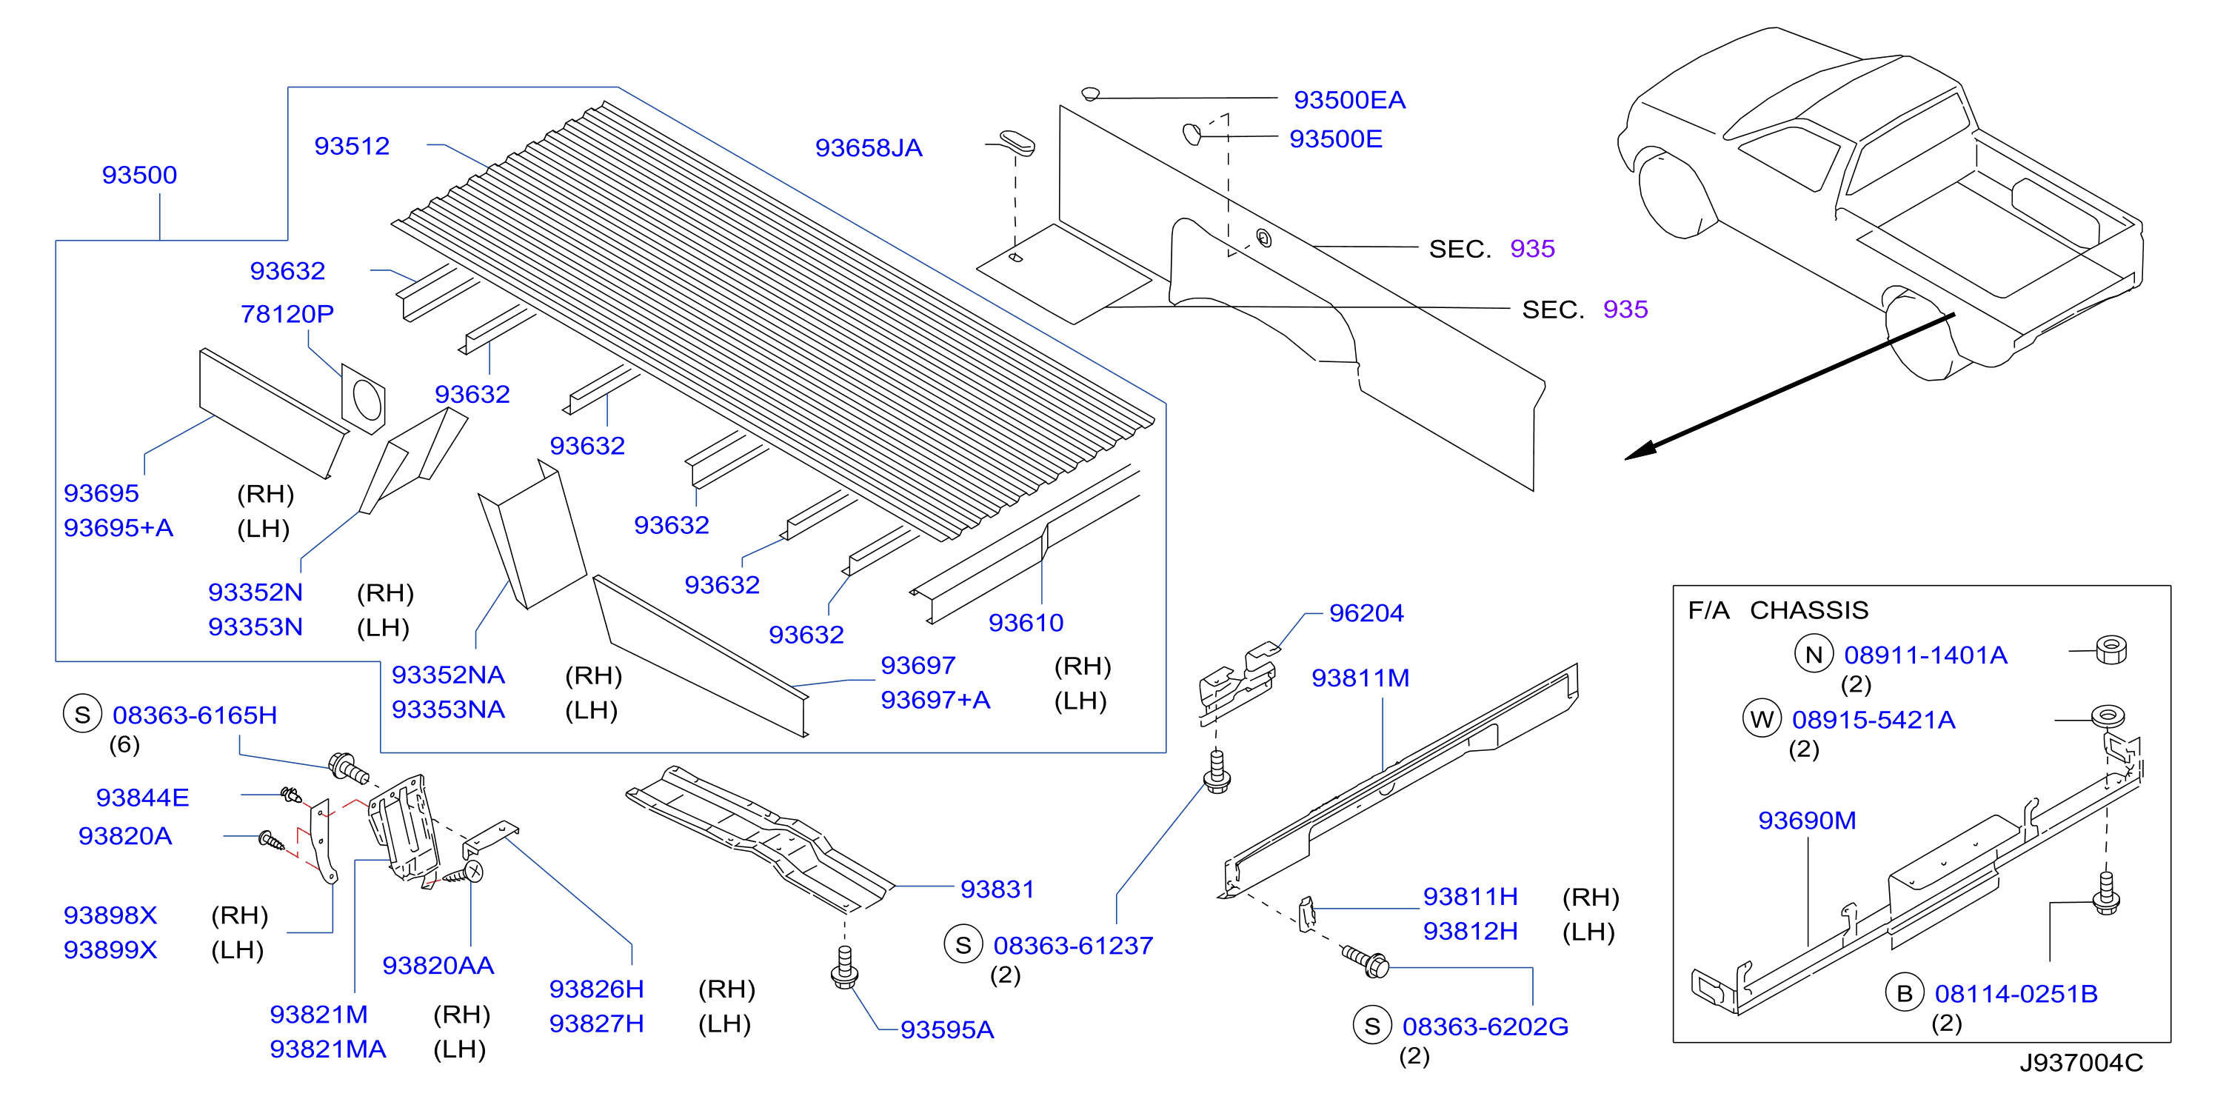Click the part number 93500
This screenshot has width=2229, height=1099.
point(139,175)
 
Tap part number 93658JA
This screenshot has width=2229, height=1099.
point(869,148)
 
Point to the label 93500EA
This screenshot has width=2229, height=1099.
point(1349,101)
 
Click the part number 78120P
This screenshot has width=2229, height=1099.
point(287,313)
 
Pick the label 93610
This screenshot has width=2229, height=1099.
point(1026,622)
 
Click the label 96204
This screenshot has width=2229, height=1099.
point(1366,612)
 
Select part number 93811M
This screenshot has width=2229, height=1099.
point(1360,678)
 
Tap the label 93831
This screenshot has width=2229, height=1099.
point(997,889)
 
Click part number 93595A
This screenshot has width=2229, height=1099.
point(946,1030)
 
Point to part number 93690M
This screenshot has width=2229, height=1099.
point(1807,820)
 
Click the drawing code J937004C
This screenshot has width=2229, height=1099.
point(2081,1063)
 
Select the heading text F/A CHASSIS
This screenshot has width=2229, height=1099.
point(1778,610)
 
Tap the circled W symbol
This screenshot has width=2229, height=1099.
point(1762,719)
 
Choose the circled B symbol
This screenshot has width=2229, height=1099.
point(1905,993)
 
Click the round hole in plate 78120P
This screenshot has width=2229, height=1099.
point(367,401)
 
